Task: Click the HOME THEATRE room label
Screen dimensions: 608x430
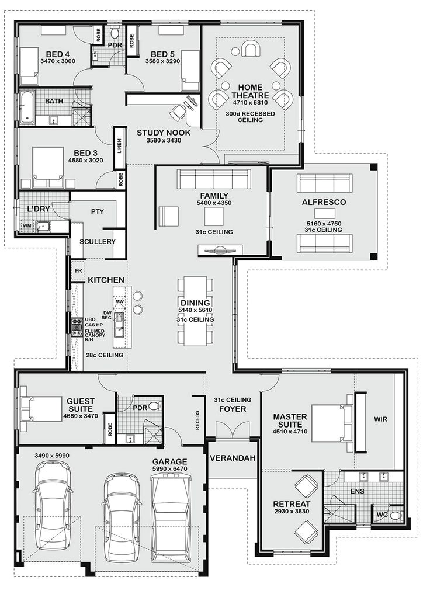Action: (x=250, y=91)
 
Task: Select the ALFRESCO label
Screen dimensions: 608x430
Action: (x=324, y=202)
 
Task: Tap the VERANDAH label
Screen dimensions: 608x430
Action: (x=233, y=458)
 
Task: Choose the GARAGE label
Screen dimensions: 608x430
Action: (x=171, y=461)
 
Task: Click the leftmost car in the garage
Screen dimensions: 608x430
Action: (x=52, y=506)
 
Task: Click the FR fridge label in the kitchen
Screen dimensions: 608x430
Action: (x=77, y=272)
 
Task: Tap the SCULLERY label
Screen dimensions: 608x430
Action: (x=98, y=241)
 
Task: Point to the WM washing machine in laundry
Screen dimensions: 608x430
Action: (x=26, y=225)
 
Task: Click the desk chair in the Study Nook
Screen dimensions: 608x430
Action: (x=178, y=110)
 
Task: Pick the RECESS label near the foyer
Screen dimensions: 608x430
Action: (x=197, y=419)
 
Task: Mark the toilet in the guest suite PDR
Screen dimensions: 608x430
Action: (x=154, y=405)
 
